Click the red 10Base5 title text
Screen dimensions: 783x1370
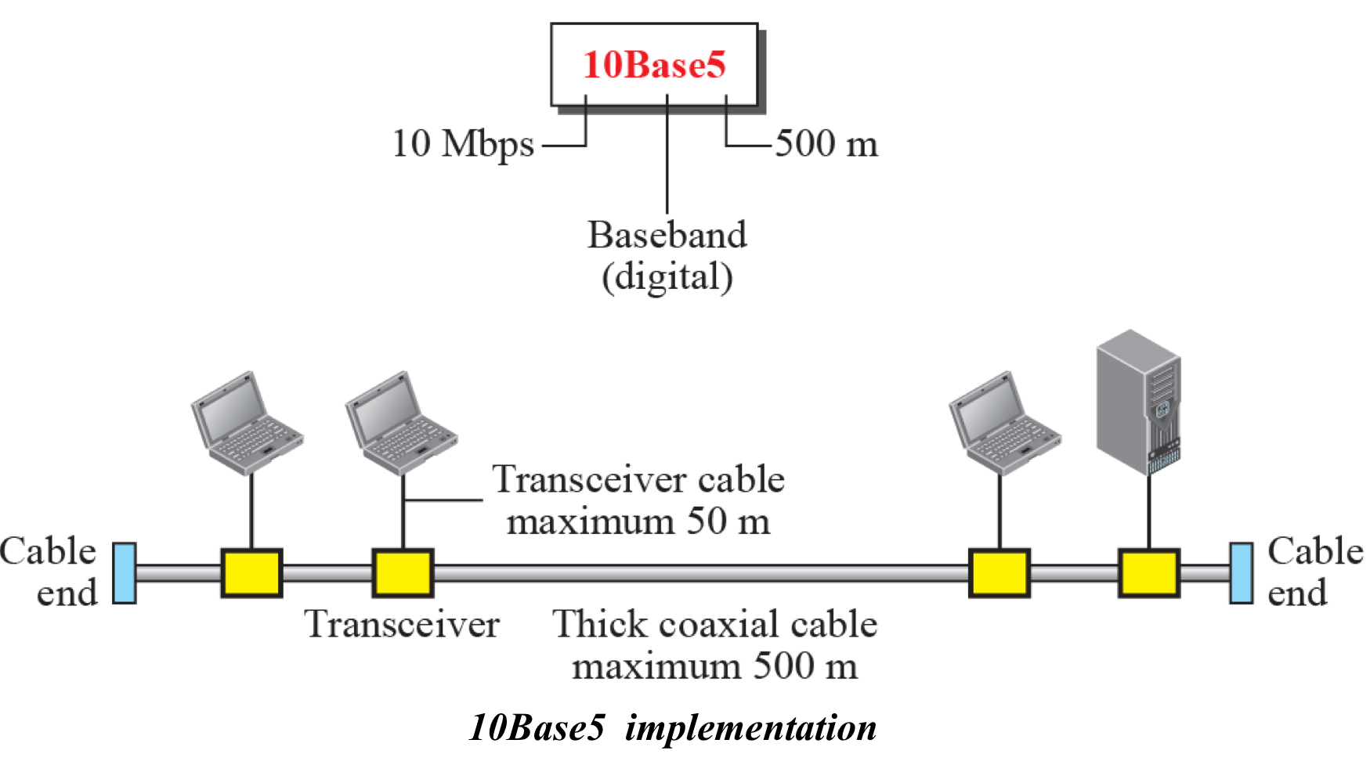click(654, 64)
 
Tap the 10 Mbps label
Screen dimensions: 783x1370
click(463, 144)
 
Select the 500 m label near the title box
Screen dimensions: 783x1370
click(826, 144)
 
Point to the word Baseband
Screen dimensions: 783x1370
click(667, 235)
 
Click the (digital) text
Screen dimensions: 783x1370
click(667, 277)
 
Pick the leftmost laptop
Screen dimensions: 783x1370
click(246, 423)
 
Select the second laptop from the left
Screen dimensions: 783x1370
click(400, 423)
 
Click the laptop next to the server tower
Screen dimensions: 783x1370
click(1003, 423)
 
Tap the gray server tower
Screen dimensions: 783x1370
click(1138, 402)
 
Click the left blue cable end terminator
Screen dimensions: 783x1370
click(124, 573)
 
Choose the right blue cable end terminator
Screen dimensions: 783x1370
click(1241, 573)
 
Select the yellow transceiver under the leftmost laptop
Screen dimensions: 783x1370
click(251, 573)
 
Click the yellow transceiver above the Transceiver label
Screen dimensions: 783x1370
click(403, 573)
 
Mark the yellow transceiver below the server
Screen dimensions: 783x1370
click(1148, 573)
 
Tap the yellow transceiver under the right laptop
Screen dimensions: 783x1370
click(999, 573)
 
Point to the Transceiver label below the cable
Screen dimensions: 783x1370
click(402, 624)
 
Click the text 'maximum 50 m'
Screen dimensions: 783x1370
click(638, 521)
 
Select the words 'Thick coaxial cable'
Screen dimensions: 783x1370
click(714, 624)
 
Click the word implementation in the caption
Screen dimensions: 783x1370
click(750, 727)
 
